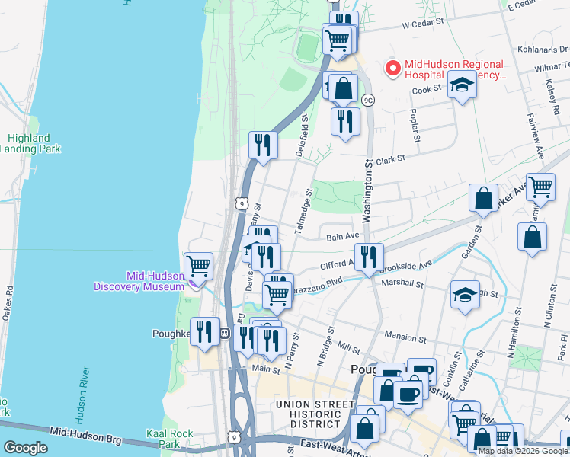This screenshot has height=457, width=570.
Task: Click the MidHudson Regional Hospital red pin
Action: click(x=393, y=69)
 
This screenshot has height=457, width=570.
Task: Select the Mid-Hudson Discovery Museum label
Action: click(x=139, y=281)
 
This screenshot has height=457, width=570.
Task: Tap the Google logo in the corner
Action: click(x=25, y=448)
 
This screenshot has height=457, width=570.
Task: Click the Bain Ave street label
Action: click(x=342, y=238)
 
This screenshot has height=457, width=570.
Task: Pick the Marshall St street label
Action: click(x=404, y=283)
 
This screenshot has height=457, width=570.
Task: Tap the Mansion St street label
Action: click(x=406, y=336)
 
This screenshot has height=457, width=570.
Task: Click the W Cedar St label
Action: click(x=421, y=24)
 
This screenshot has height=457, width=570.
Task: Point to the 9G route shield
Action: click(x=368, y=100)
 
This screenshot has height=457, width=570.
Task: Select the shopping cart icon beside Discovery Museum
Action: click(x=198, y=266)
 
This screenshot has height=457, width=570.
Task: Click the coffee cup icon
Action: click(x=408, y=394)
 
